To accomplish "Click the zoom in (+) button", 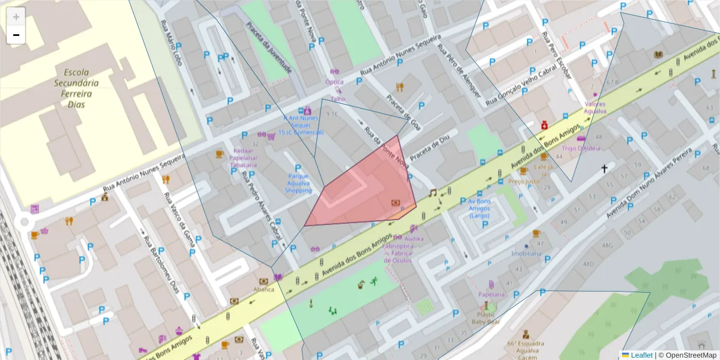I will pyautogui.click(x=16, y=16).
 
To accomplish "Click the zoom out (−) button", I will pyautogui.click(x=16, y=35).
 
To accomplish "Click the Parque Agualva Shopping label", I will pyautogui.click(x=298, y=183).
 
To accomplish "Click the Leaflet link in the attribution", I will pyautogui.click(x=641, y=355).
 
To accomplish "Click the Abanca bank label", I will pyautogui.click(x=263, y=289).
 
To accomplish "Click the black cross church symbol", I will pyautogui.click(x=605, y=169).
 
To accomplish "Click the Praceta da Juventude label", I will pyautogui.click(x=268, y=48).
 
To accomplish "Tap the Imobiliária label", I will pyautogui.click(x=526, y=253).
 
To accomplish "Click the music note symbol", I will pyautogui.click(x=433, y=193).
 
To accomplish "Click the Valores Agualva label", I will pyautogui.click(x=595, y=107).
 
